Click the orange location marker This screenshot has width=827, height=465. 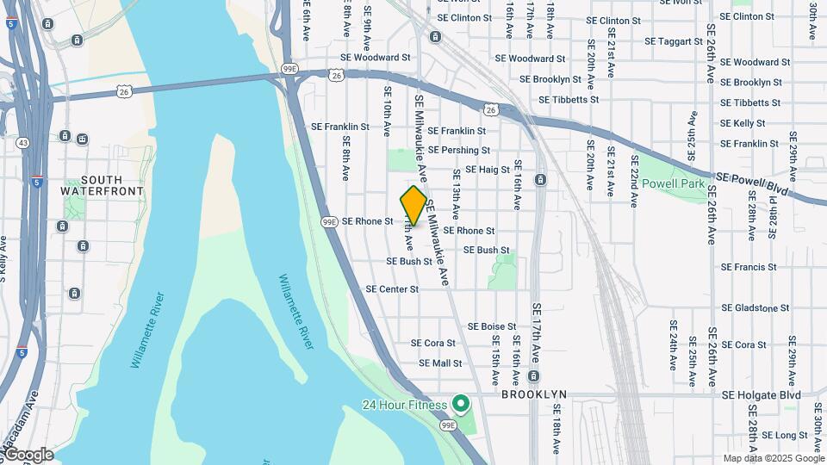[x=413, y=205]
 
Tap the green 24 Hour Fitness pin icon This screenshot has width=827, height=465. [x=461, y=403]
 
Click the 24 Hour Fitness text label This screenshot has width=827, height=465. [x=405, y=405]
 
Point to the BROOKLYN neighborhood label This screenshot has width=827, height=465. [x=534, y=394]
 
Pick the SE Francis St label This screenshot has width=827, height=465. [x=749, y=267]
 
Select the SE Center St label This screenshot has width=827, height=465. [x=392, y=289]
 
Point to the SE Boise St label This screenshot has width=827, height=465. [x=492, y=326]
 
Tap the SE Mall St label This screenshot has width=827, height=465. [x=440, y=363]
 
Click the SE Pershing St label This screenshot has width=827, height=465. [x=459, y=150]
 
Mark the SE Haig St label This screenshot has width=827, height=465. [x=488, y=170]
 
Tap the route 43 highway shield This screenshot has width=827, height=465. [x=22, y=143]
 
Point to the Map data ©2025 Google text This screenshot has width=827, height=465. [x=774, y=458]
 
